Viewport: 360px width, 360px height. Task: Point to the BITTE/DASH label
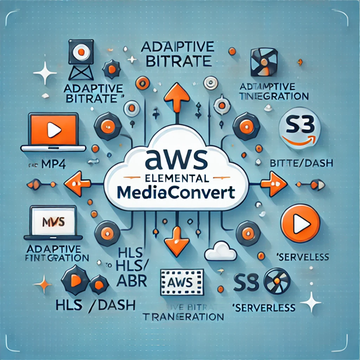(x=302, y=162)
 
